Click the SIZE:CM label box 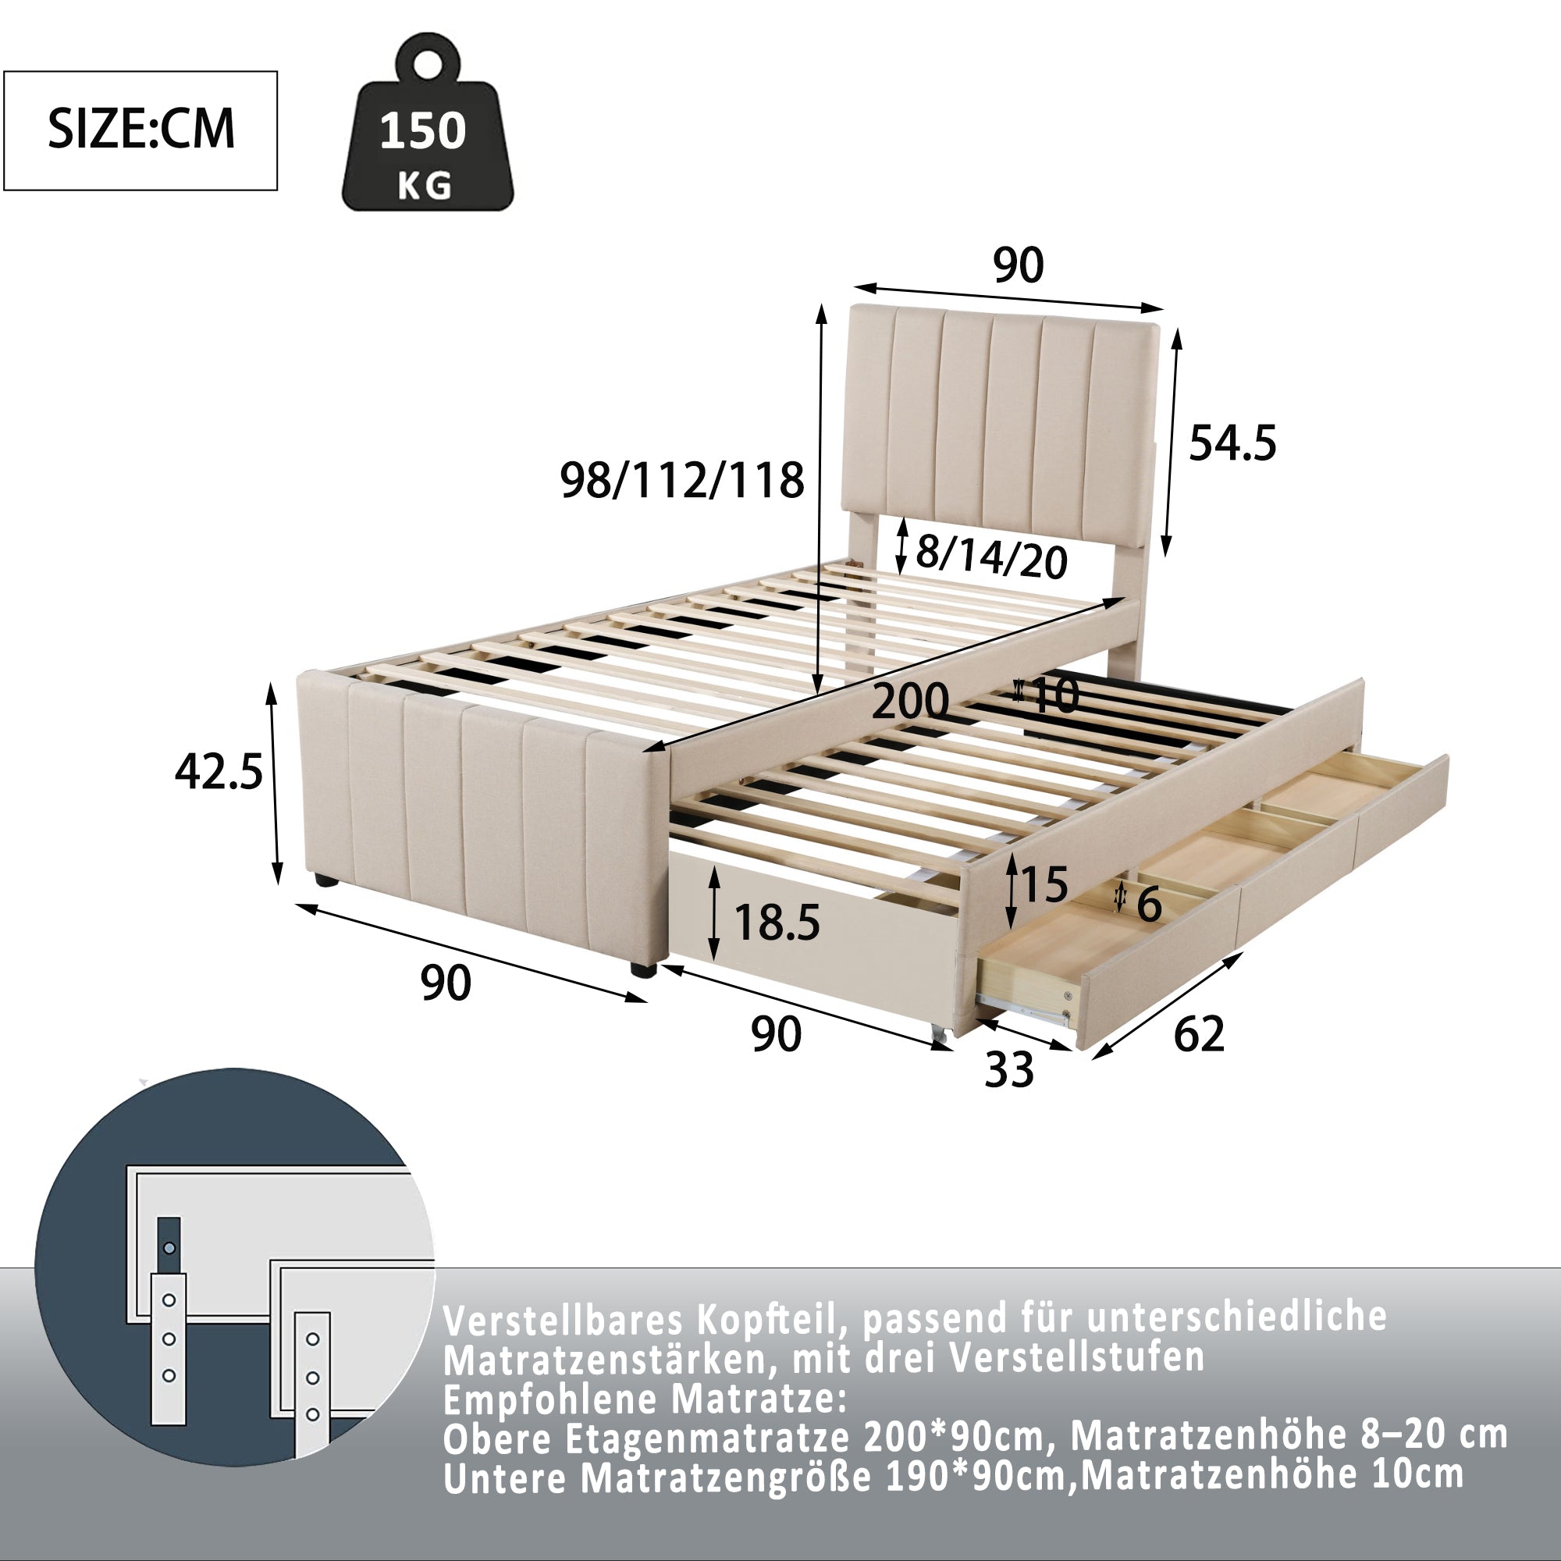pyautogui.click(x=140, y=130)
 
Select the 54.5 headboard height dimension pyautogui.click(x=1232, y=443)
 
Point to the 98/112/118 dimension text pyautogui.click(x=682, y=481)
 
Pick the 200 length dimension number pyautogui.click(x=910, y=701)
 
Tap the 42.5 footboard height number pyautogui.click(x=219, y=772)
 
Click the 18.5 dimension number pyautogui.click(x=777, y=922)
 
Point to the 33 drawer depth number pyautogui.click(x=1009, y=1070)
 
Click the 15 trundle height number pyautogui.click(x=1045, y=884)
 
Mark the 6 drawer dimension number pyautogui.click(x=1149, y=904)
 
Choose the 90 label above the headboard pyautogui.click(x=1018, y=265)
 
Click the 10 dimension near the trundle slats pyautogui.click(x=1055, y=695)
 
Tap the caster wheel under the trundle pyautogui.click(x=938, y=1033)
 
